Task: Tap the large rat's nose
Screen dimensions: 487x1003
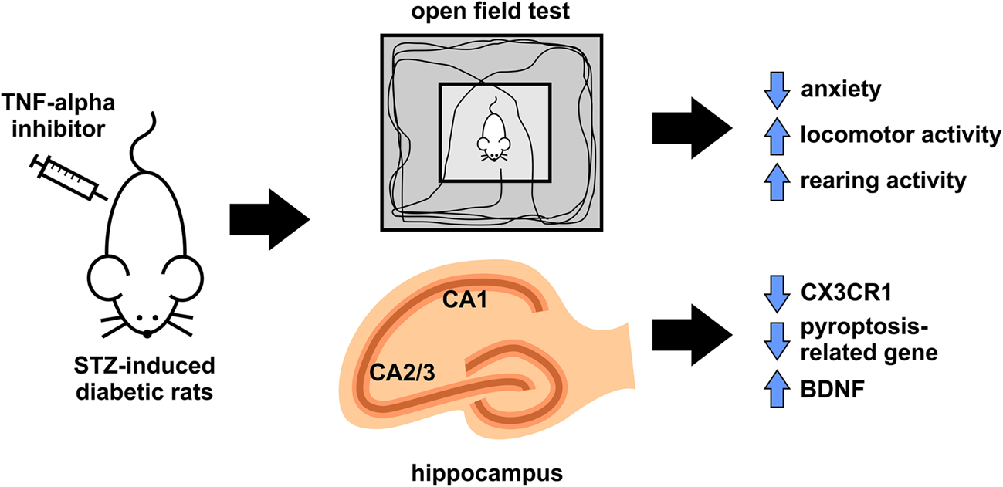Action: (x=147, y=333)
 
